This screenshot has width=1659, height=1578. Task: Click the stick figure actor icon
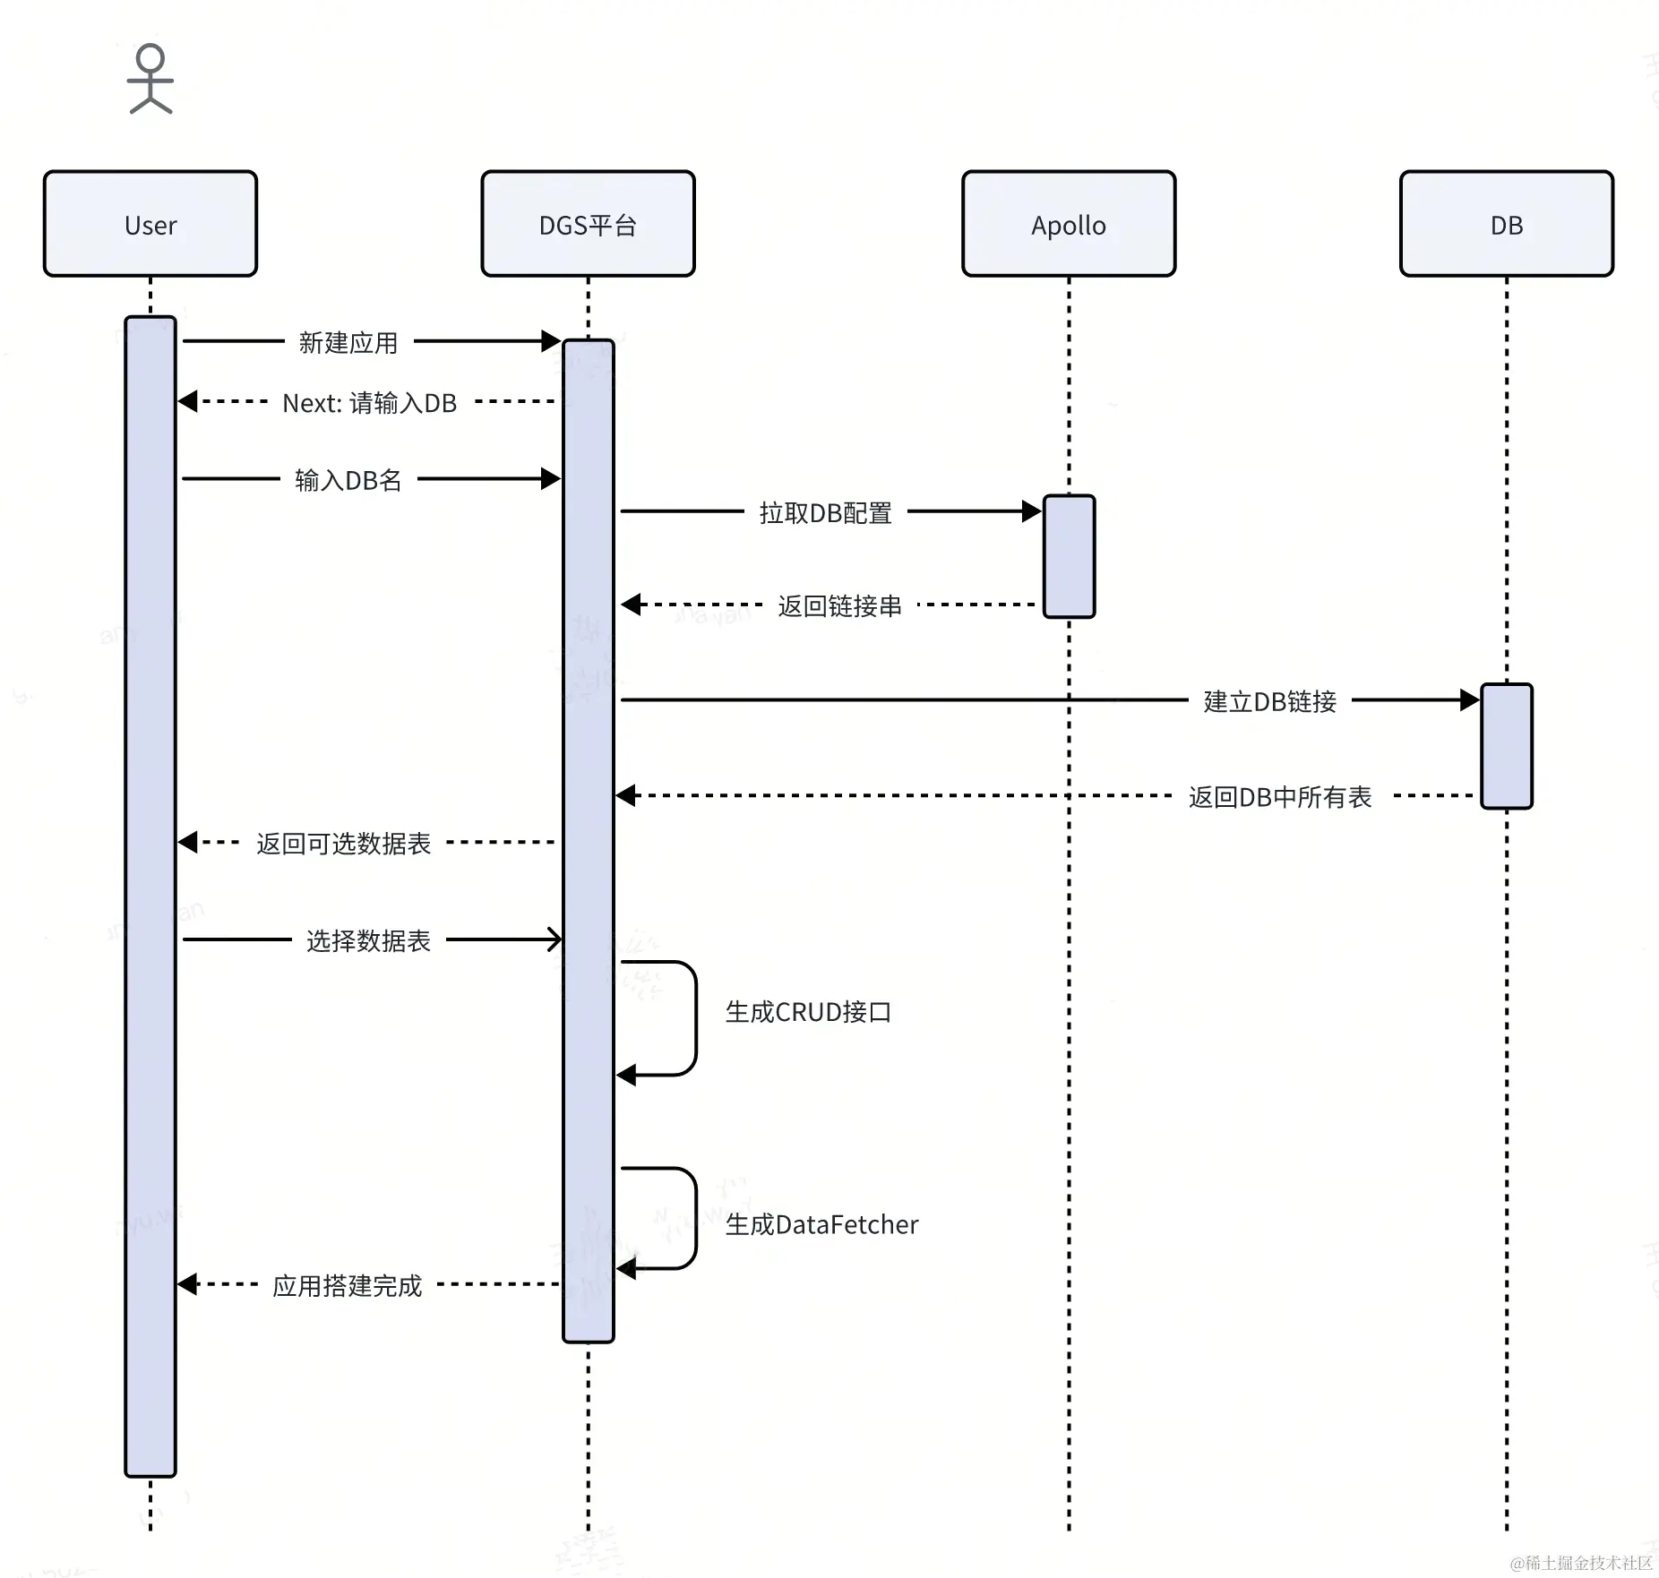(150, 79)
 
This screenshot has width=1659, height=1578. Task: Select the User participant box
(150, 224)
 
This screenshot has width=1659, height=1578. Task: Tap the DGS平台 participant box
(588, 224)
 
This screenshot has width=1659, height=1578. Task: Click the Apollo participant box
(1068, 224)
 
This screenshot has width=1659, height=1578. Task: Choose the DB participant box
(1506, 224)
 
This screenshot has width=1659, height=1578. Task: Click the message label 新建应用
(348, 343)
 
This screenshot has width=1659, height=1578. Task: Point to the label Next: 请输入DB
(369, 403)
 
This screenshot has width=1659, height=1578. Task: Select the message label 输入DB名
(348, 481)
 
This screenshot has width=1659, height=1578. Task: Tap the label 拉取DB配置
(825, 513)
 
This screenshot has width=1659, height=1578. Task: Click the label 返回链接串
(839, 606)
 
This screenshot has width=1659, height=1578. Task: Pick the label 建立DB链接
(1269, 701)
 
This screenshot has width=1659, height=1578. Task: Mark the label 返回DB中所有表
(1280, 797)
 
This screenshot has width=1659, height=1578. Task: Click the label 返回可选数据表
(343, 844)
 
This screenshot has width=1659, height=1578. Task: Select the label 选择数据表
(368, 940)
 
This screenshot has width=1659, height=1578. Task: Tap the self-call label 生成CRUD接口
(808, 1012)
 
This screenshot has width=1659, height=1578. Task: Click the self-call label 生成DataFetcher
(821, 1224)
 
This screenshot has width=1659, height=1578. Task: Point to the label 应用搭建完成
(347, 1286)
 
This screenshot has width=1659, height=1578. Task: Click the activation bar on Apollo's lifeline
(1069, 556)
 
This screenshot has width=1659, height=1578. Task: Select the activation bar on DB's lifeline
(1506, 746)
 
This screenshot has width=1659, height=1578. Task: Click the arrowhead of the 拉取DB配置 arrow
(1032, 511)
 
